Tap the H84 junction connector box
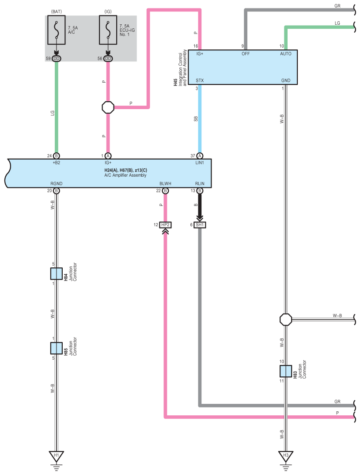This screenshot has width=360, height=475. [56, 274]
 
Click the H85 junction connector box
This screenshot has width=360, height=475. [56, 348]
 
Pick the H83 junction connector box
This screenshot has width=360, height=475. [285, 371]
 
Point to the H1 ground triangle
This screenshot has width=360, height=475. [56, 456]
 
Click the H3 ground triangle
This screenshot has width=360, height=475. [285, 456]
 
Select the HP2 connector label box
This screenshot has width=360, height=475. [165, 225]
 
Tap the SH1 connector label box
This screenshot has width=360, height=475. [200, 225]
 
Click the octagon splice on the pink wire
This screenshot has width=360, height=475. [108, 107]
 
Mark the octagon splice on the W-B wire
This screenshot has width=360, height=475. [285, 319]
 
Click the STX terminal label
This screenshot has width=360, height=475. [200, 80]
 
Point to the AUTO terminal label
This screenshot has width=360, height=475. [285, 53]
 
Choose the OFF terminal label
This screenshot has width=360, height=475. [246, 53]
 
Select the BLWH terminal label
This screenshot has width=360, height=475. [165, 183]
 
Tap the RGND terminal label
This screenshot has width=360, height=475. [56, 183]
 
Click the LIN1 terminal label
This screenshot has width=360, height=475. [200, 163]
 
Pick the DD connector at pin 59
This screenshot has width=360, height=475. [56, 58]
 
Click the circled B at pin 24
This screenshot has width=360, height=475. [56, 156]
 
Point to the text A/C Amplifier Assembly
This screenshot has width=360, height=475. [125, 175]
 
